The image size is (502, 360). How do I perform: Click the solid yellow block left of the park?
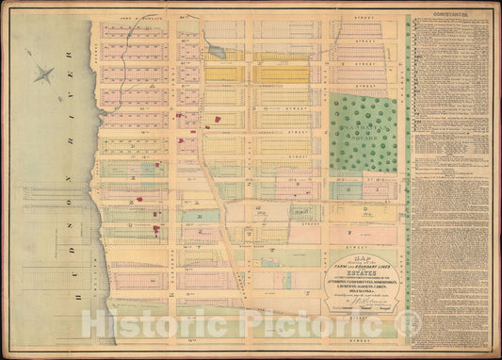pos(283,74)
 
